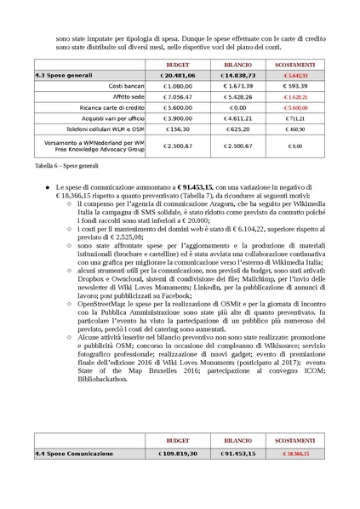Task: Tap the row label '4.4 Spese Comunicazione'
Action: coord(73,454)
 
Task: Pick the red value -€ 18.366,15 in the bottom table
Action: coord(294,454)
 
